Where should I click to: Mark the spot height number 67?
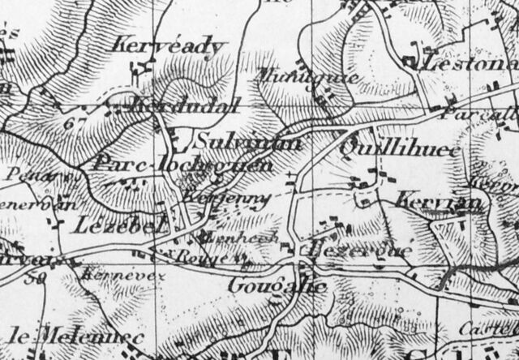coord(78,122)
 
